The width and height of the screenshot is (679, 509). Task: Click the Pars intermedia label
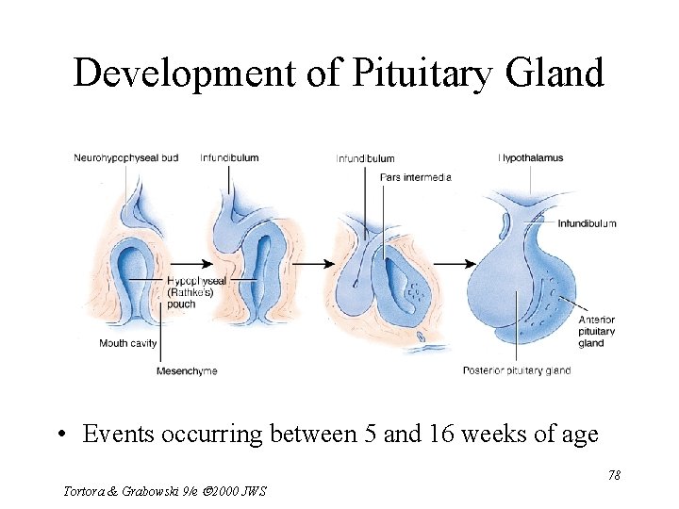415,176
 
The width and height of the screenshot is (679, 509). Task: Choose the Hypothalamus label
530,157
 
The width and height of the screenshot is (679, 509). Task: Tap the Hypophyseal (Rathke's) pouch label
195,291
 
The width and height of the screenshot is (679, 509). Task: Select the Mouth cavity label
127,343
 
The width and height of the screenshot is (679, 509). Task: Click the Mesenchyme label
187,370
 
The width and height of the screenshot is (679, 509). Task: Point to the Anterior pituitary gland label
596,331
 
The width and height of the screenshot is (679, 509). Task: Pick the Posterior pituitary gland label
516,370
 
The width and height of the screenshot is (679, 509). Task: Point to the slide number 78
614,475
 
